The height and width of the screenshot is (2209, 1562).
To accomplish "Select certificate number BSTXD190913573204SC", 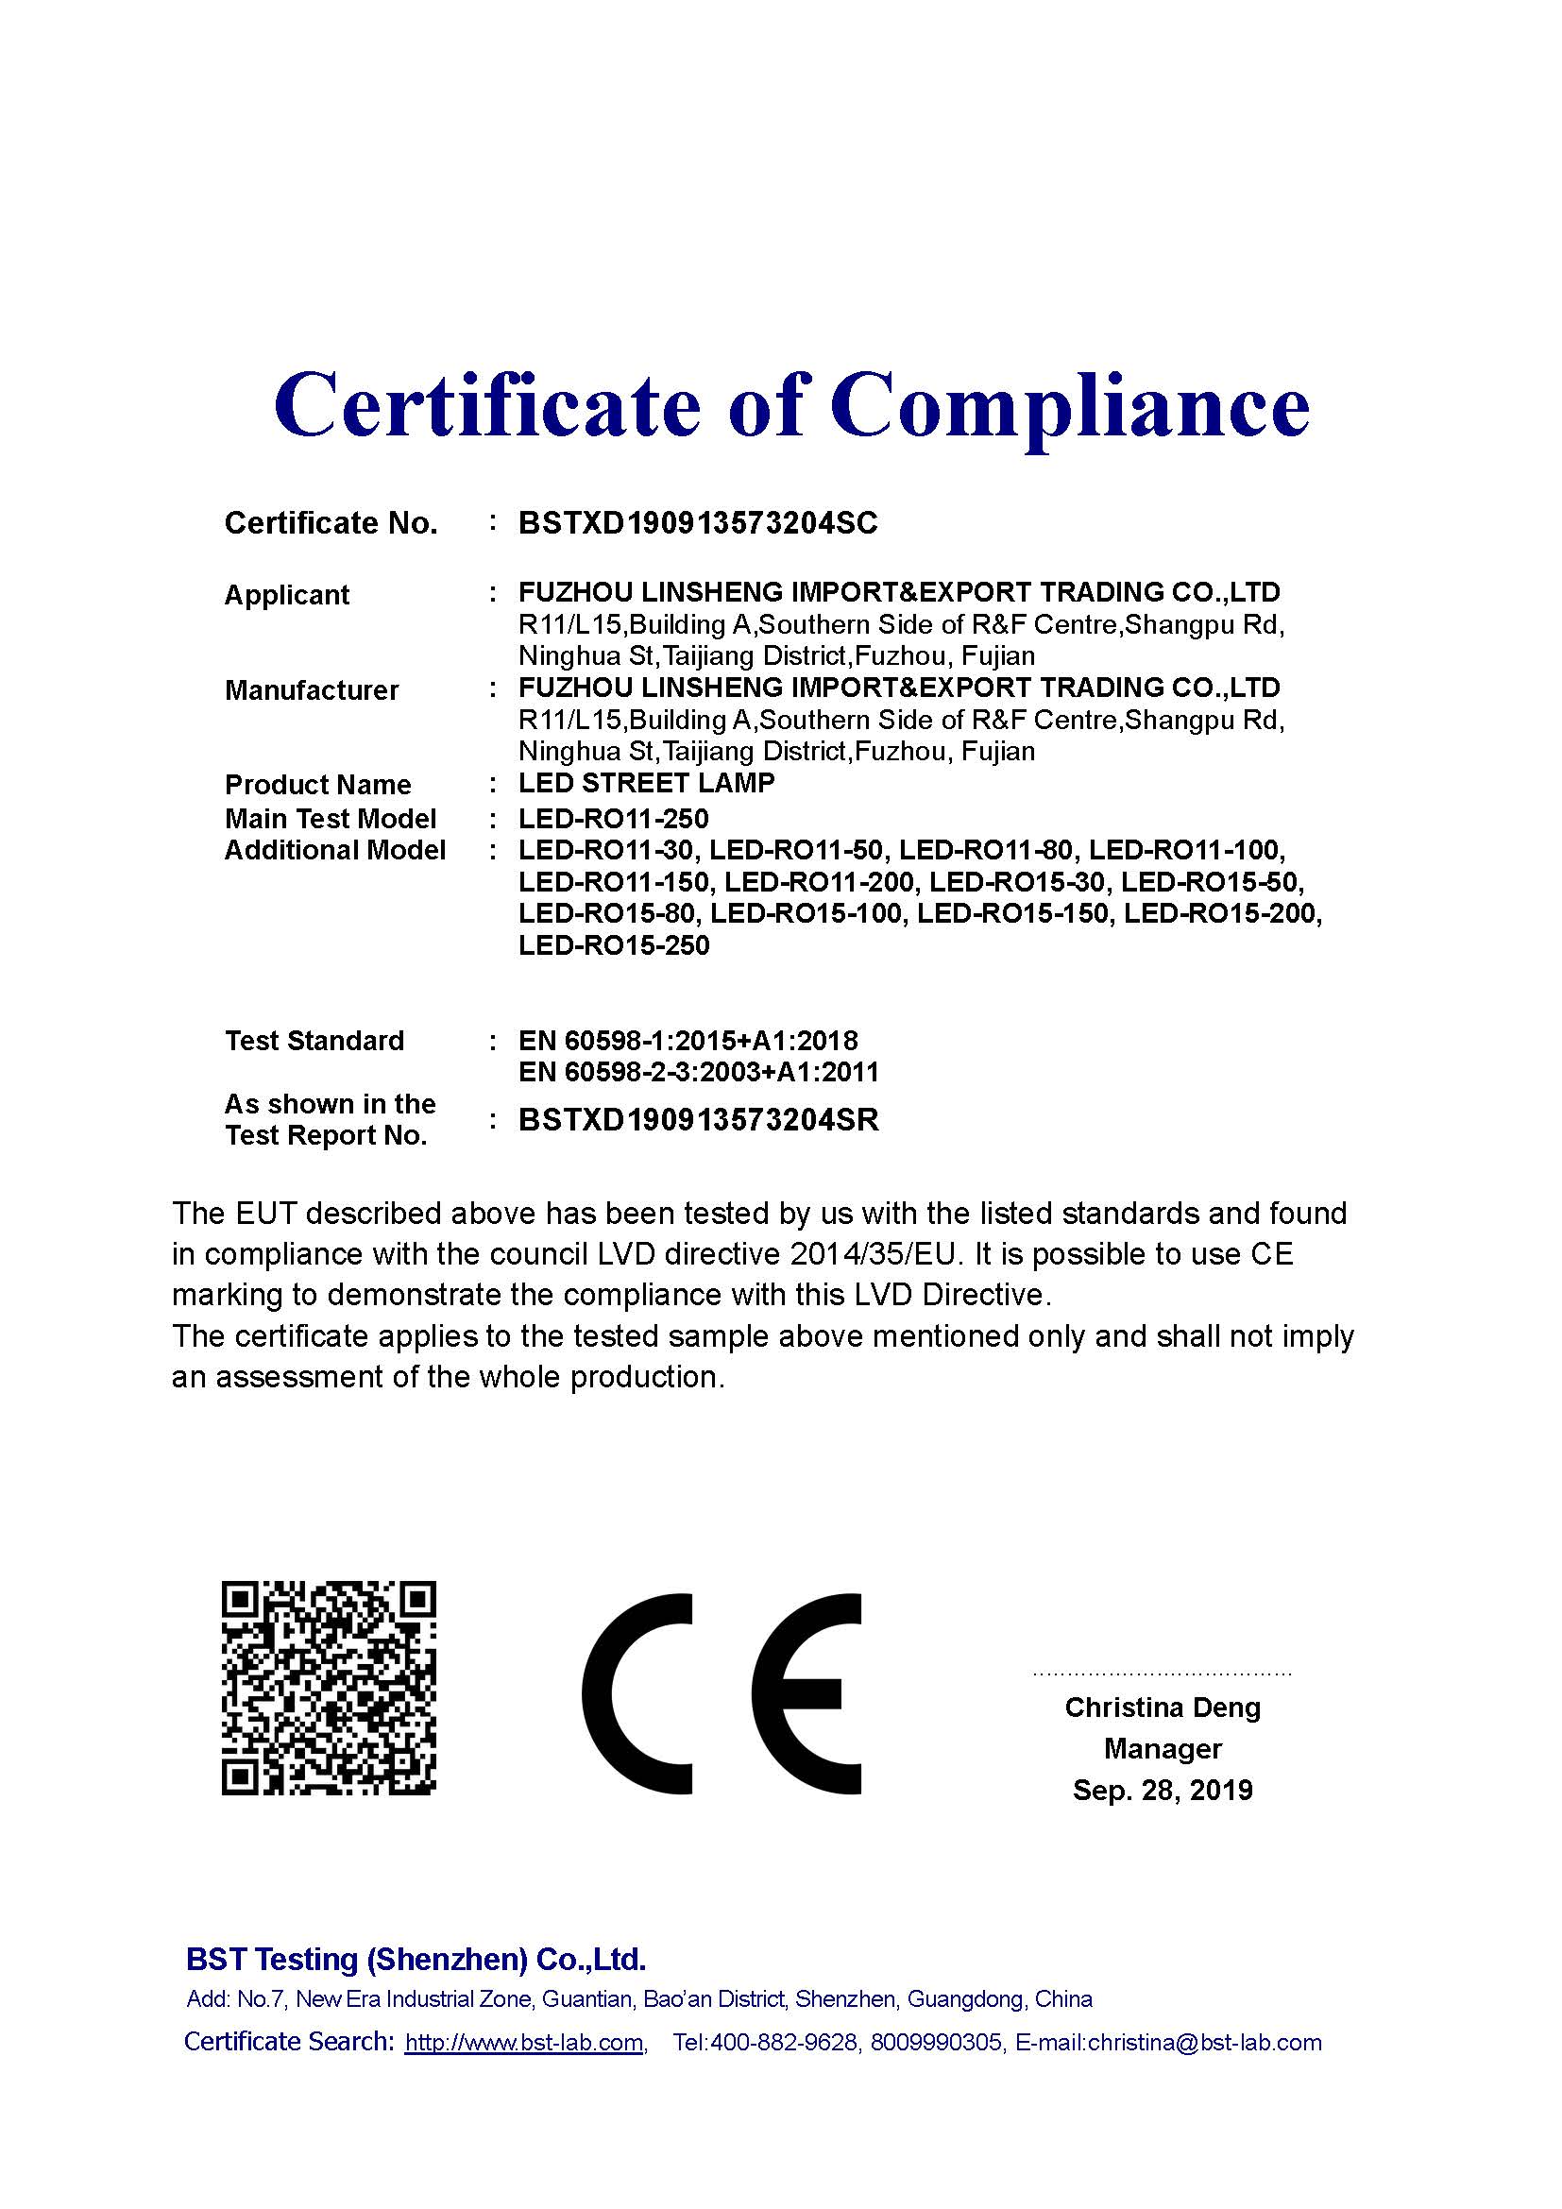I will tap(697, 522).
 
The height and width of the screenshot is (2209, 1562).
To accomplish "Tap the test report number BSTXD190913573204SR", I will tap(698, 1120).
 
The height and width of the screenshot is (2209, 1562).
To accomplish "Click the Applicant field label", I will tap(287, 595).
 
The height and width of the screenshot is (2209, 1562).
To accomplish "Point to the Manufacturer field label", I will tap(311, 689).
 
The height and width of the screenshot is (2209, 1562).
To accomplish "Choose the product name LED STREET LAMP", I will tap(646, 783).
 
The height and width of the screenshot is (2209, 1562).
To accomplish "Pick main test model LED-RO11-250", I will tap(614, 819).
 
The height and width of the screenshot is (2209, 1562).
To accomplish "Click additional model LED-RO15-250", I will tap(614, 944).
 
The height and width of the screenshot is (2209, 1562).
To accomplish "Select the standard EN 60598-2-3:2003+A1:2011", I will tap(698, 1072).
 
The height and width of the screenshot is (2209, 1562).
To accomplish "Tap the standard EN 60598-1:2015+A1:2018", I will tap(688, 1040).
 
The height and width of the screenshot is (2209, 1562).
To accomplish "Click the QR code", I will tap(329, 1688).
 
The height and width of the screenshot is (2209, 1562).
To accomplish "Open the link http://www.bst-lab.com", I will tap(524, 2043).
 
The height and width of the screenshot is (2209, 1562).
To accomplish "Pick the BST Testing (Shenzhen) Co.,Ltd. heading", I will tap(416, 1959).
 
